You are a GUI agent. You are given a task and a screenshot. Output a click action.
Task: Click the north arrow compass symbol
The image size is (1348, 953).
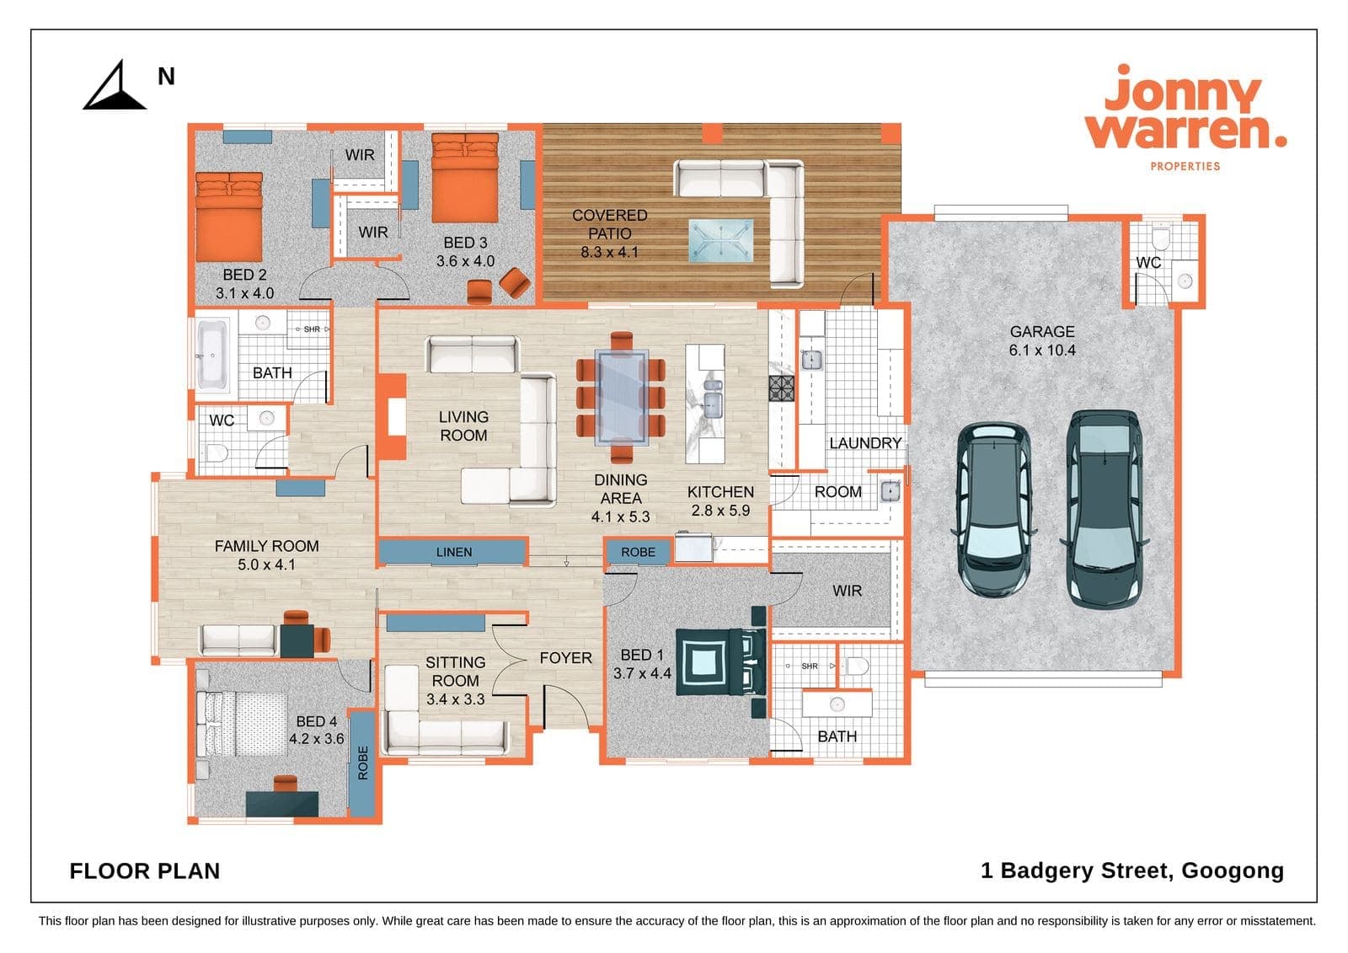pos(115,88)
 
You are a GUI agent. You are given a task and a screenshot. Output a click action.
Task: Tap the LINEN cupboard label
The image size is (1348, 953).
pos(454,552)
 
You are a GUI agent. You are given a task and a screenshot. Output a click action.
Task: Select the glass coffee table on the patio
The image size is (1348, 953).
pos(721,241)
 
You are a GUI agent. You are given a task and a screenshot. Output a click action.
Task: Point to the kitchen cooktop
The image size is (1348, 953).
pos(782,388)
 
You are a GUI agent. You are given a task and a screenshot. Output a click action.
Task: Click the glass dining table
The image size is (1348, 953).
pos(622,398)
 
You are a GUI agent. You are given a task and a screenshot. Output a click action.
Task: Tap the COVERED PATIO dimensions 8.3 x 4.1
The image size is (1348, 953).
pos(609,252)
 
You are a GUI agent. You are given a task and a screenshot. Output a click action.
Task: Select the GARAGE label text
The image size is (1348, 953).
pos(1041,332)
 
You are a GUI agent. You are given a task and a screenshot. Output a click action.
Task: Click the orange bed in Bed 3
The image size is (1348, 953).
pos(465,178)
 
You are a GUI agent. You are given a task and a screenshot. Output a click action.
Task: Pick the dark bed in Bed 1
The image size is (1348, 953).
pos(721,662)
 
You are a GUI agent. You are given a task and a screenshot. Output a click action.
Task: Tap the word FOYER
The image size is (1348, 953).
pos(565,658)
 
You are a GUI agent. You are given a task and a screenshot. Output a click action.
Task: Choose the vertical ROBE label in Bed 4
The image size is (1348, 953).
pos(363,763)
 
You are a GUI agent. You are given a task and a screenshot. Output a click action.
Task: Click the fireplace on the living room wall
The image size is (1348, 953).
pos(392,416)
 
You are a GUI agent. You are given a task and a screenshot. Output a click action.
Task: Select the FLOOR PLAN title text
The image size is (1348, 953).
pos(144,871)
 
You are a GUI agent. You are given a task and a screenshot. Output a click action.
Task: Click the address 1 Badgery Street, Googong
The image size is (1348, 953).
pos(1132,870)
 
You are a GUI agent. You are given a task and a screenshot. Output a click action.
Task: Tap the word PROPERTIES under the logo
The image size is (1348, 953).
pos(1185,166)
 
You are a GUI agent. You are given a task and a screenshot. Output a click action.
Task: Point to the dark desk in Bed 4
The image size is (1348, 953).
pos(281,804)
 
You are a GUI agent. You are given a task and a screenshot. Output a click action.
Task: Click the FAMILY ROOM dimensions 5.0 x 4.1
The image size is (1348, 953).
pos(266,565)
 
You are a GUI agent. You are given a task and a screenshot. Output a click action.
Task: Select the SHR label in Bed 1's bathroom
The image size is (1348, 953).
pos(810,667)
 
